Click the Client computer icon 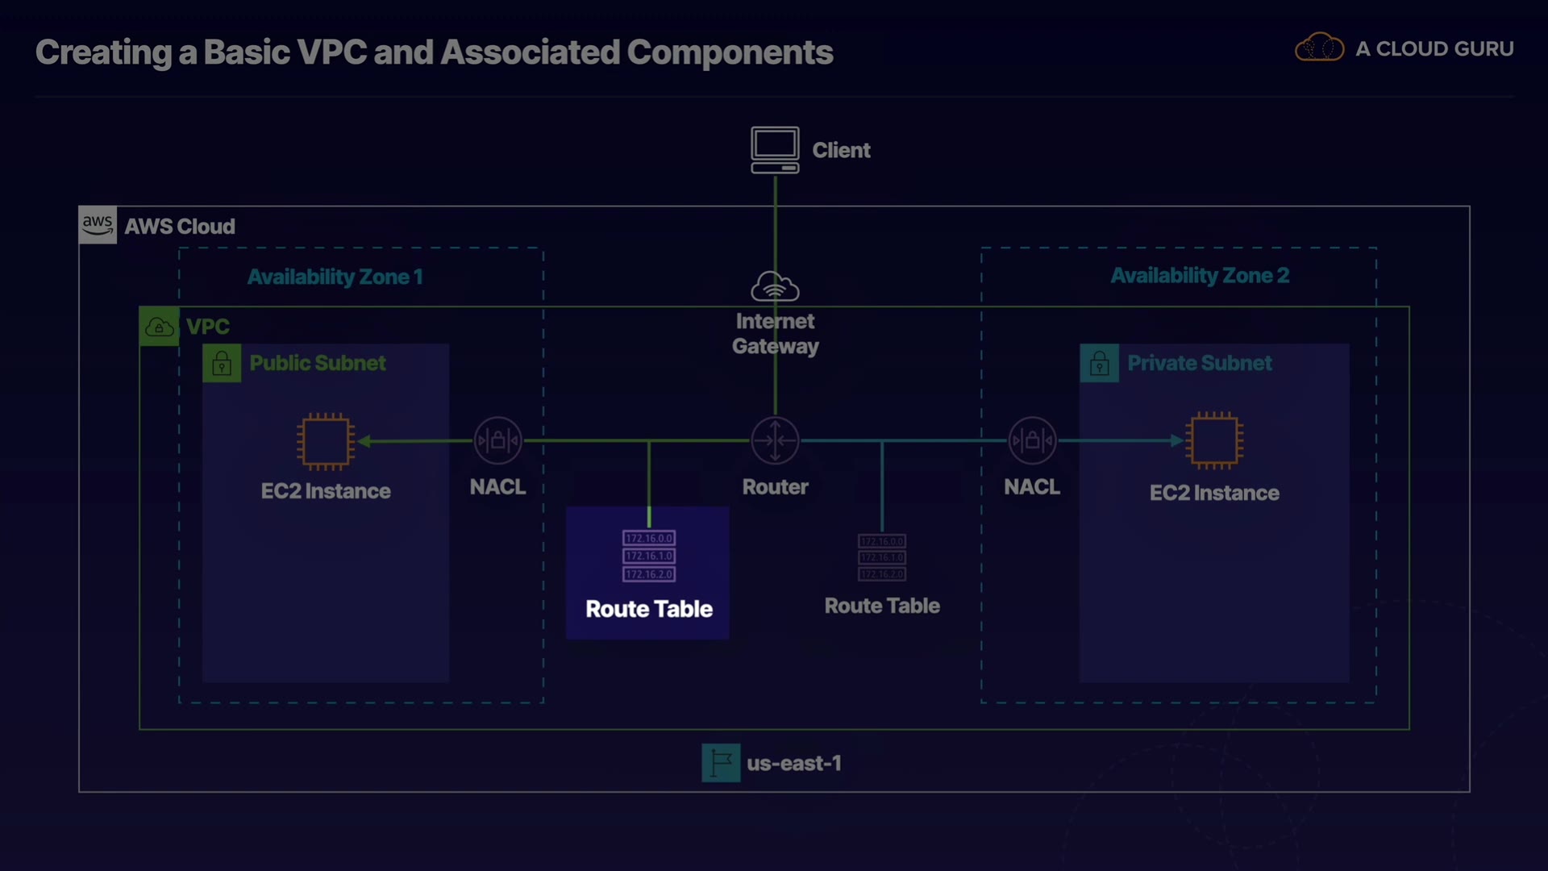point(775,149)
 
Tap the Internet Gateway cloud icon point(775,286)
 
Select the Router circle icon point(775,440)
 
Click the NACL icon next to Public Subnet point(497,440)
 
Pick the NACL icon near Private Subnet point(1032,440)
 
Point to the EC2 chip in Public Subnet point(326,441)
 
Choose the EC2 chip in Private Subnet point(1214,440)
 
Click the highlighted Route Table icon point(649,556)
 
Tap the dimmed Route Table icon point(882,557)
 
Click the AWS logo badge point(98,225)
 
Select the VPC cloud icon point(159,327)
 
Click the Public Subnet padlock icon point(222,364)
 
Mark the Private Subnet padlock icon point(1099,364)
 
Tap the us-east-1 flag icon point(721,763)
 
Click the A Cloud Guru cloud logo point(1319,48)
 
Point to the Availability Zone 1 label point(335,277)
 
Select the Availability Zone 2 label point(1200,276)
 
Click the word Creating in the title point(103,52)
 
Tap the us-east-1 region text point(794,763)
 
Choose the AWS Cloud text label point(180,227)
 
